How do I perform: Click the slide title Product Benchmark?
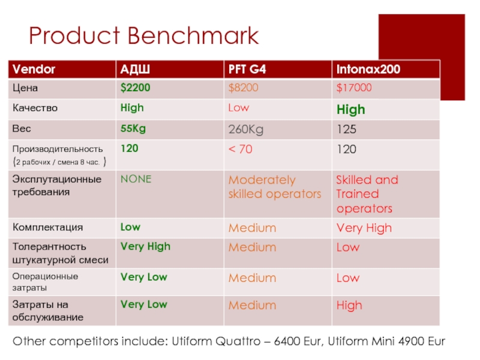[144, 37]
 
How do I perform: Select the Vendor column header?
[34, 70]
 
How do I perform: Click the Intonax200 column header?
[368, 70]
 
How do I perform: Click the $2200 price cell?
[135, 88]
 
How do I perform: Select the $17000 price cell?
[354, 88]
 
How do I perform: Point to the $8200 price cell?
[243, 88]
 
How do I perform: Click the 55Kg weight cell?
[133, 128]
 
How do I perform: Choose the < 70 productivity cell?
[240, 149]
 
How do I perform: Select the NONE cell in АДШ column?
[136, 179]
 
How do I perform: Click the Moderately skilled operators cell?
[274, 187]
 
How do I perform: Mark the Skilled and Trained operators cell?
[367, 194]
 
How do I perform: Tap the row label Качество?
[35, 108]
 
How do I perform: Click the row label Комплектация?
[48, 227]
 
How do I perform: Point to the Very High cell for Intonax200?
[364, 228]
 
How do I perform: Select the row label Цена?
[25, 88]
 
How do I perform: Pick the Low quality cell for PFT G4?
[238, 108]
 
